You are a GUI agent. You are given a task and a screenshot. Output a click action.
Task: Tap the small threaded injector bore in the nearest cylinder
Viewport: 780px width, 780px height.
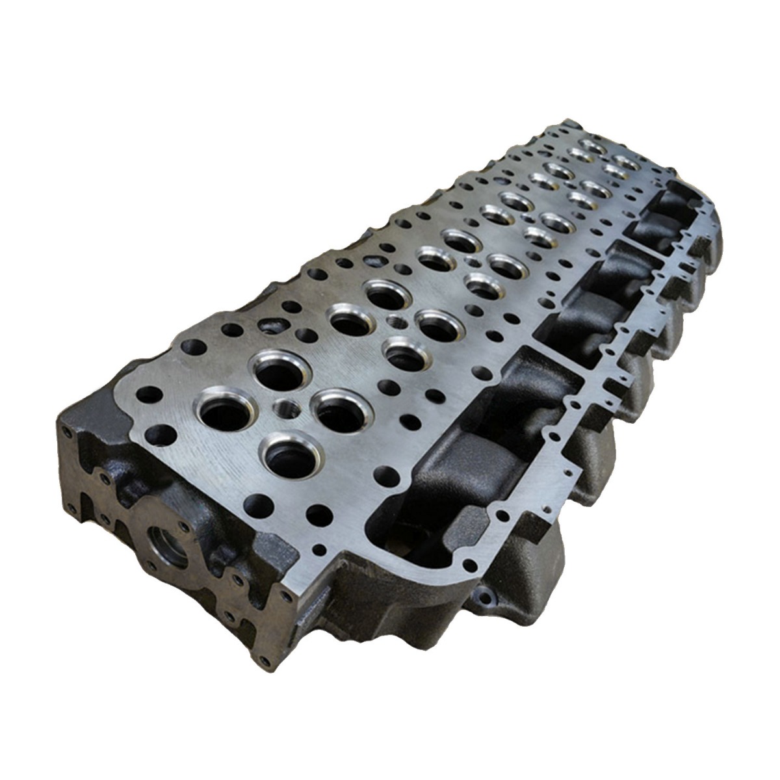coord(285,409)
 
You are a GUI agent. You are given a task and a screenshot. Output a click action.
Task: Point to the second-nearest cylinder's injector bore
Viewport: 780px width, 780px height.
coord(393,321)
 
